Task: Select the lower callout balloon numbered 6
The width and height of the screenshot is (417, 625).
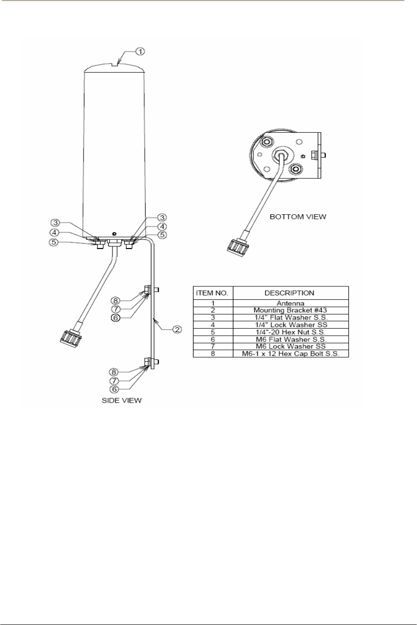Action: [114, 389]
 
